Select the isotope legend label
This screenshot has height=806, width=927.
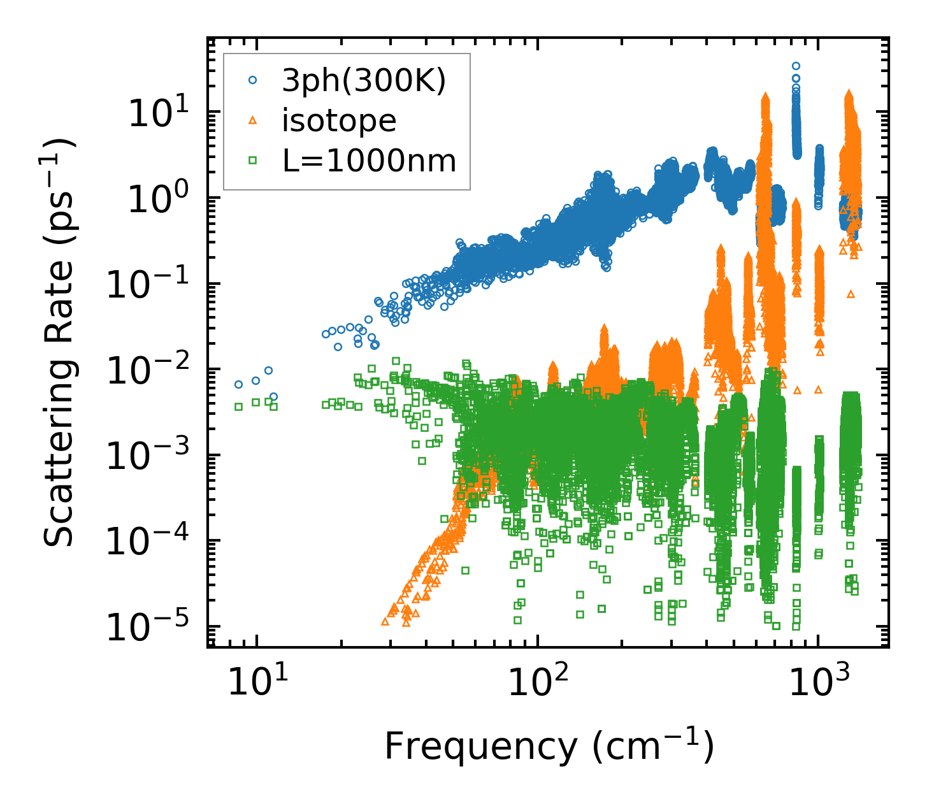(339, 120)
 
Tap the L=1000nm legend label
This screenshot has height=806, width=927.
(370, 161)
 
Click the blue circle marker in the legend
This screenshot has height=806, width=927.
(253, 80)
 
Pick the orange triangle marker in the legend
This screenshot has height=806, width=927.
(253, 120)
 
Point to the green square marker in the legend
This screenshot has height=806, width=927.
(253, 161)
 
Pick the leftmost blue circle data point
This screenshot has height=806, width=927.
(238, 384)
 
